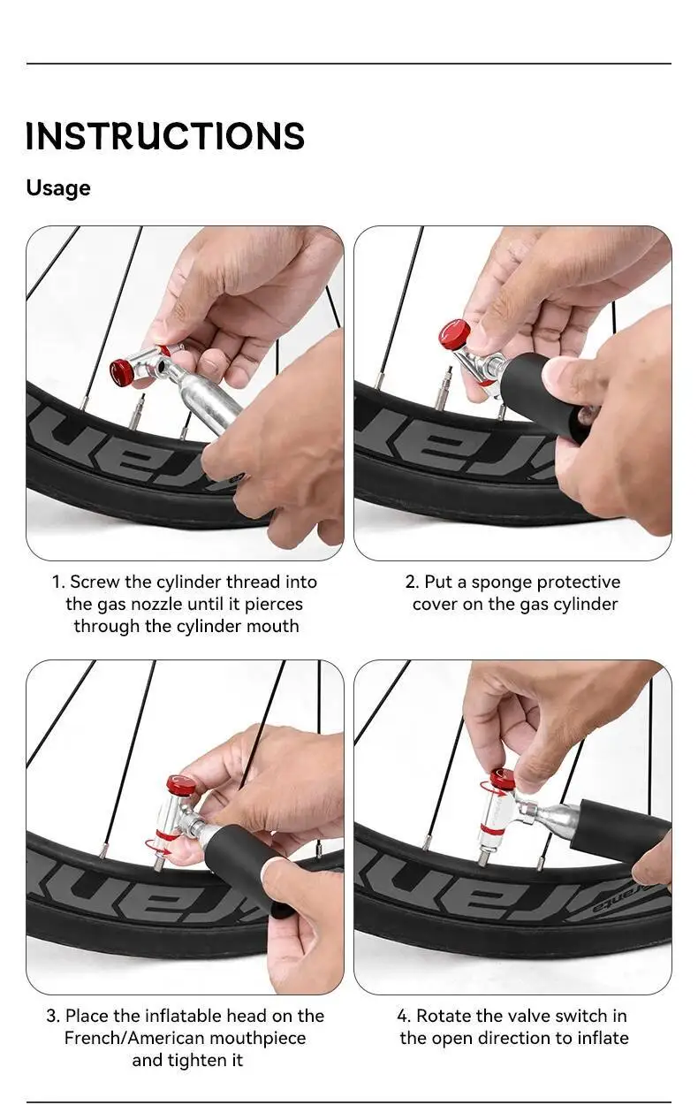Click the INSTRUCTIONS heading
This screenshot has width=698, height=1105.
click(x=165, y=135)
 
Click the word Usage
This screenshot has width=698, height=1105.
click(x=58, y=188)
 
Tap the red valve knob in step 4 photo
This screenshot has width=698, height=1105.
click(x=503, y=780)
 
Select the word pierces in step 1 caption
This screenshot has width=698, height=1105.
click(x=274, y=605)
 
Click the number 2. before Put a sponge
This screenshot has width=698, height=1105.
click(x=412, y=582)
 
